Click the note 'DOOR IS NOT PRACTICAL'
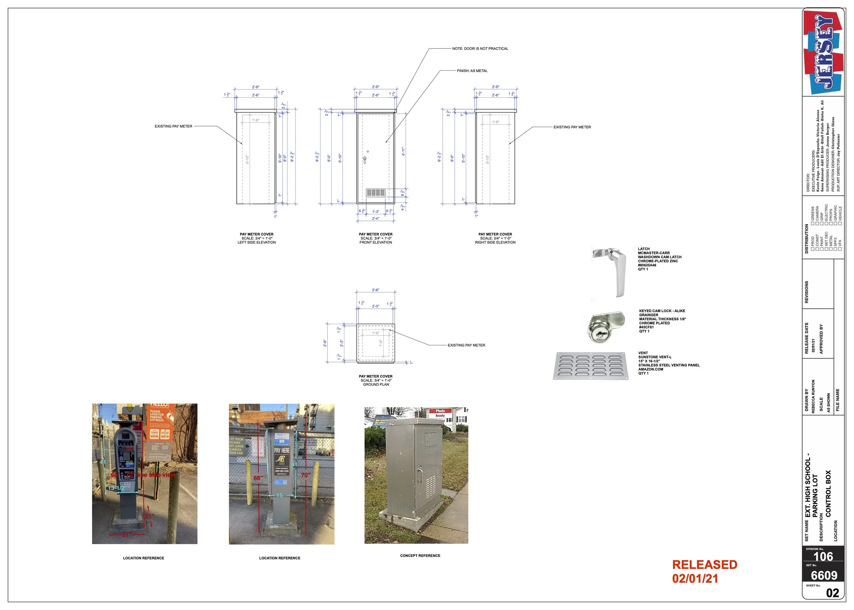click(480, 48)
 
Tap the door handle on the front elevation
click(364, 160)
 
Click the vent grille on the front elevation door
click(375, 193)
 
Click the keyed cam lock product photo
click(605, 327)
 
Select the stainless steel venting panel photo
click(591, 365)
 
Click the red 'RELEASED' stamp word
click(704, 565)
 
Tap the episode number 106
click(823, 556)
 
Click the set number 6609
click(824, 576)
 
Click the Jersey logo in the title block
click(823, 53)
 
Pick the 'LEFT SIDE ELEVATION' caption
click(257, 242)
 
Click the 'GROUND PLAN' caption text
click(376, 384)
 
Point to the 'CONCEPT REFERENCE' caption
click(420, 556)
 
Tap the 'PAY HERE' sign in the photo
click(282, 450)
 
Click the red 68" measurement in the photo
click(258, 478)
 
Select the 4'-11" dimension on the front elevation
click(403, 151)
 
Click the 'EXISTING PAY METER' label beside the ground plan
click(466, 345)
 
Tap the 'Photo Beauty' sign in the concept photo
click(440, 413)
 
